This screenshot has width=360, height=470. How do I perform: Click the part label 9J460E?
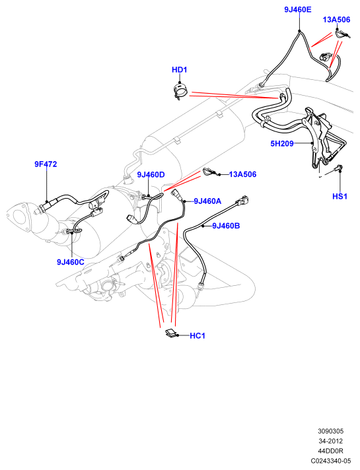[298, 10]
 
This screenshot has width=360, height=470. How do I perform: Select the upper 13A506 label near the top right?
[336, 20]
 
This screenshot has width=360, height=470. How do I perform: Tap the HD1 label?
[180, 70]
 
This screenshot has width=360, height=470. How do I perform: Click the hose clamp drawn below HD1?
[180, 91]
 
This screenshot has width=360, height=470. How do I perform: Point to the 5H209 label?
[282, 144]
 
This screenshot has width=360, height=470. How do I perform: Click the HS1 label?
[340, 196]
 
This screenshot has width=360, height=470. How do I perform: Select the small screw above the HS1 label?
[339, 168]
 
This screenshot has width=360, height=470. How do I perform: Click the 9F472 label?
[46, 164]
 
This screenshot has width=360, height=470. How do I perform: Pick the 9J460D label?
[151, 174]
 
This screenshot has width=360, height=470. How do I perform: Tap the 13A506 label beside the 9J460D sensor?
[242, 174]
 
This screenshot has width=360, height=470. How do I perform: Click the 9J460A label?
[207, 201]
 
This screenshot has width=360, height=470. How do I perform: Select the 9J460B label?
[226, 226]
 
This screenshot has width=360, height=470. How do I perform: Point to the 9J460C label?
[71, 262]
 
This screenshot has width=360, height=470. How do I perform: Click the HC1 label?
[198, 336]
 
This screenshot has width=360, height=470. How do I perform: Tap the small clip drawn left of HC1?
[171, 333]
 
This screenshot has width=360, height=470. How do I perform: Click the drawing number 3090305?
[330, 431]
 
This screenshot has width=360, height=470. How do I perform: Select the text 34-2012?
[330, 441]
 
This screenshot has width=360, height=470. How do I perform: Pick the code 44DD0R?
[330, 451]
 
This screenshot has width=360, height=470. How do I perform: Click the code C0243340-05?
[330, 461]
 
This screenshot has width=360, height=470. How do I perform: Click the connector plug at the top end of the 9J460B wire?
[243, 200]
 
